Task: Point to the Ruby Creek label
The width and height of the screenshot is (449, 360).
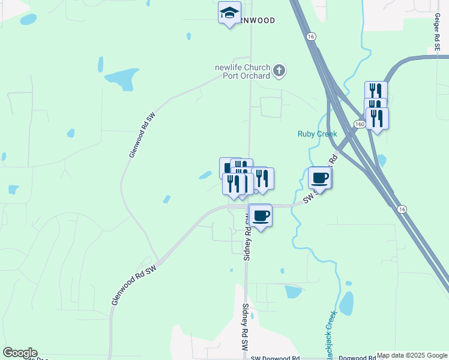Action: coord(318,134)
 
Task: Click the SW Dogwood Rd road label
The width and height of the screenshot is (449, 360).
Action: coord(275,358)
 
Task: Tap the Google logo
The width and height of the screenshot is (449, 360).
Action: coord(20,353)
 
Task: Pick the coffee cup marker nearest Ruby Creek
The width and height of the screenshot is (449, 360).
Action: coord(319,178)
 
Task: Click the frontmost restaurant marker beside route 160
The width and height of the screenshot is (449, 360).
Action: coord(377,118)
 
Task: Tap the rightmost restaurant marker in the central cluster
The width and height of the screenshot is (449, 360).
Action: coord(262,178)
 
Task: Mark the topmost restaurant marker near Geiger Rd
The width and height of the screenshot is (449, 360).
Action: coord(375,91)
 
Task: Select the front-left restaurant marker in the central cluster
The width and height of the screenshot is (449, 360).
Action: coord(233,184)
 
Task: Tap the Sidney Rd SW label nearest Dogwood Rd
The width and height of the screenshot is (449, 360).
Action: coord(245,327)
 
